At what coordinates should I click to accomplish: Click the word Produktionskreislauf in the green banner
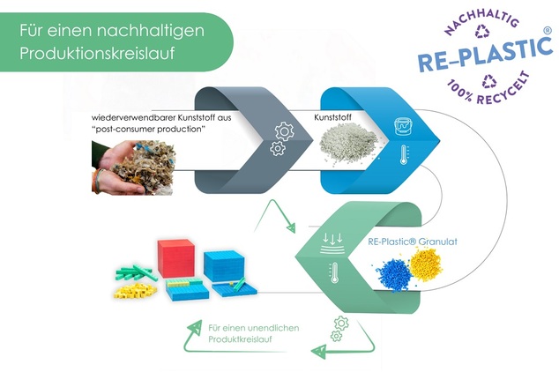(97, 54)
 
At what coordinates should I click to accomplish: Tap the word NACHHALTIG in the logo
(482, 20)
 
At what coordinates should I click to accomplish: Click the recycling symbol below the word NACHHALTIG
(482, 32)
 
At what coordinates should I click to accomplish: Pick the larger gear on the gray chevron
(285, 131)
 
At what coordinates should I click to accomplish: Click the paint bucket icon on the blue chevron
(404, 127)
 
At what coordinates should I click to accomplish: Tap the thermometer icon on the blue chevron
(404, 154)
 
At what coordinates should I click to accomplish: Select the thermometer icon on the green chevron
(334, 272)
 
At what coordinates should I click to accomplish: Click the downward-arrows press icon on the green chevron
(332, 243)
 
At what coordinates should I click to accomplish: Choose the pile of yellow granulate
(426, 264)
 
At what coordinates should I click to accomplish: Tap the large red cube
(176, 258)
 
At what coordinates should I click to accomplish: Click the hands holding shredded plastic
(133, 167)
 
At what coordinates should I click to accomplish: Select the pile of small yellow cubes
(136, 291)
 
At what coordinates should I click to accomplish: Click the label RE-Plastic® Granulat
(413, 242)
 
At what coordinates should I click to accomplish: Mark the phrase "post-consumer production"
(149, 129)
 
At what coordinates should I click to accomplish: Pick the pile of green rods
(136, 273)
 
